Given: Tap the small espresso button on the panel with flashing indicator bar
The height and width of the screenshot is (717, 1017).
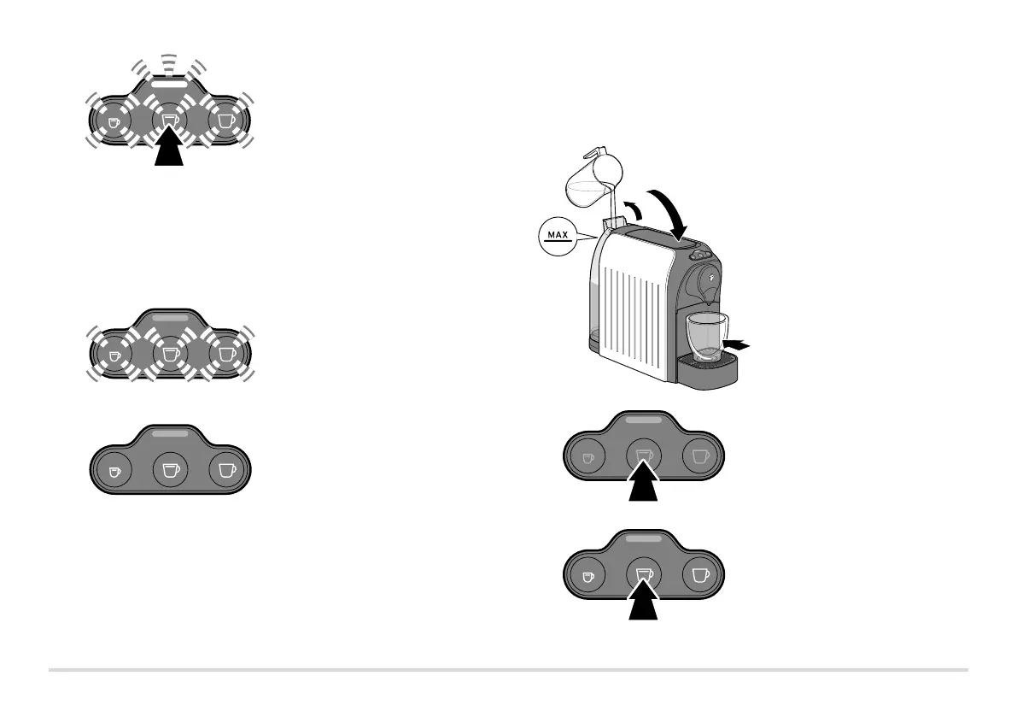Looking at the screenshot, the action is (x=114, y=121).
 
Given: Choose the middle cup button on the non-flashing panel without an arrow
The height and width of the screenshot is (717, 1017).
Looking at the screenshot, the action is (x=168, y=469).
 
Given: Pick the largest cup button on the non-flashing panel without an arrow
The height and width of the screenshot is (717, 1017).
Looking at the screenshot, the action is (x=225, y=469).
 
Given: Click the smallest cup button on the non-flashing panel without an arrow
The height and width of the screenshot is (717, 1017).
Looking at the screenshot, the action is (x=114, y=469).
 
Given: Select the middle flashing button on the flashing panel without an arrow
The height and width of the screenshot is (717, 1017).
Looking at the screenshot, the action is (x=168, y=351).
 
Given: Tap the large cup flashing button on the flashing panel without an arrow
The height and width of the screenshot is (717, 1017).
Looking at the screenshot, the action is (x=225, y=351).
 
